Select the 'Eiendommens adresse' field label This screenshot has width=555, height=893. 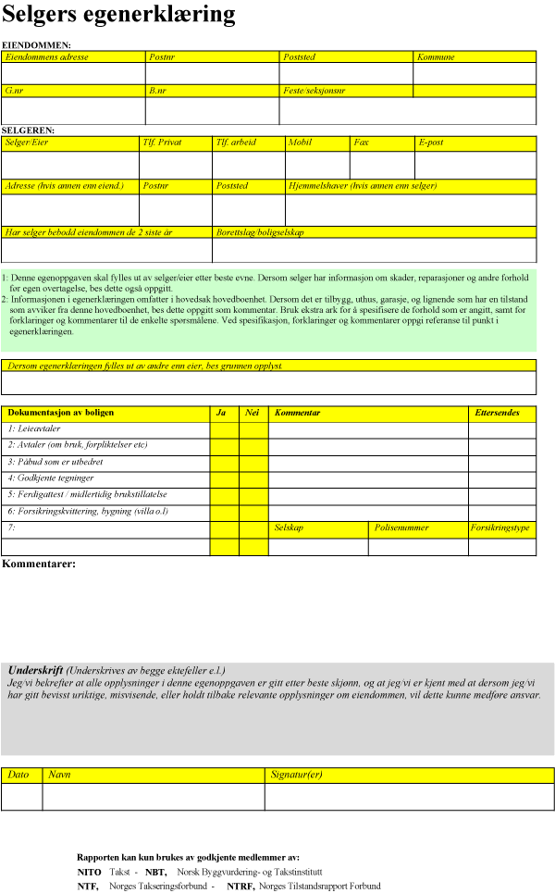(47, 56)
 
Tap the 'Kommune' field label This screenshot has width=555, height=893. (436, 56)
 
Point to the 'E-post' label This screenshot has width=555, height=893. (432, 143)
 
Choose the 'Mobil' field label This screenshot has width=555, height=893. (300, 143)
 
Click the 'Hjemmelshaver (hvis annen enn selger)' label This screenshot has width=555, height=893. (363, 186)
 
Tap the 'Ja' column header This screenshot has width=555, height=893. (221, 412)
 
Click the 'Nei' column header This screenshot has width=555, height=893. (252, 412)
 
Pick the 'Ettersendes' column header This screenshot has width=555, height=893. (497, 412)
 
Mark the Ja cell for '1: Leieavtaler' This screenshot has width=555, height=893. (224, 429)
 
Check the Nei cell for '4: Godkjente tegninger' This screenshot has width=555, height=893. (253, 478)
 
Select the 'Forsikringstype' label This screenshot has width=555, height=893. (500, 528)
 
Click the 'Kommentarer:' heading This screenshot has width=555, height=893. (39, 563)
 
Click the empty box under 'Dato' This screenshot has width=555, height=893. (22, 797)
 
